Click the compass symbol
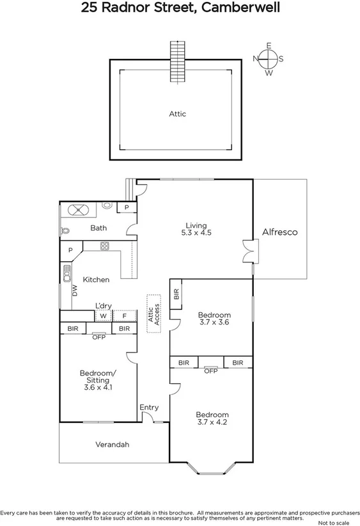coord(269,59)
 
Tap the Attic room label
coord(177,114)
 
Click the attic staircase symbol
coord(177,61)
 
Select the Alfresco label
coord(280,232)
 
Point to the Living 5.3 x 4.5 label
coord(196,229)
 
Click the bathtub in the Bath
coord(80,210)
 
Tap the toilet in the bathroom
coord(64,230)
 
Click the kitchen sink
coord(67,273)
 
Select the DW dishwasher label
coord(75,291)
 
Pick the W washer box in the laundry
coord(102,315)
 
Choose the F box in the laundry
coord(124,315)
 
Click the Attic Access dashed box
coord(153,314)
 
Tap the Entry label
coord(149,408)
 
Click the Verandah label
coord(113,444)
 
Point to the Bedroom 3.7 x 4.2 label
coord(212,418)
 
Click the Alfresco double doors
coord(247,251)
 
